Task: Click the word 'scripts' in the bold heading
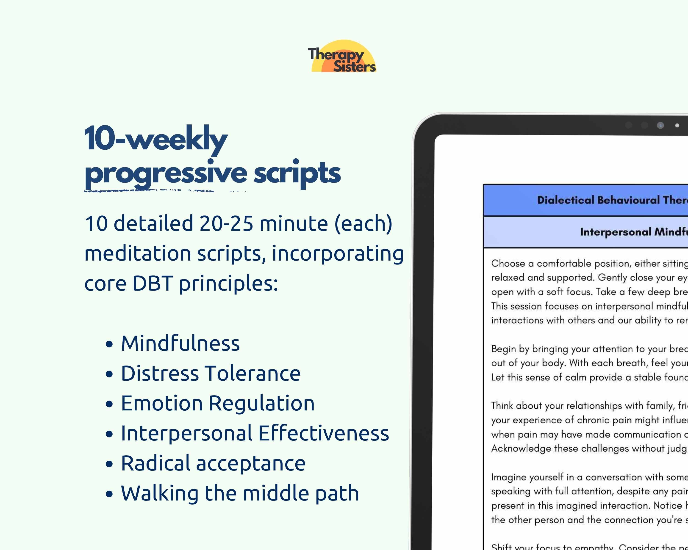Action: click(297, 173)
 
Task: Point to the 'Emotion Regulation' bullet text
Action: click(218, 403)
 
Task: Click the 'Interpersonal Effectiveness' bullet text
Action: click(255, 433)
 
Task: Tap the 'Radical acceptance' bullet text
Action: click(213, 463)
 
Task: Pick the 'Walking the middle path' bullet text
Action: click(240, 493)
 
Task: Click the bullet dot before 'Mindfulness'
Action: click(109, 344)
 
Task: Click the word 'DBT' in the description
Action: click(153, 283)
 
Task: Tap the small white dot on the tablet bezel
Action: click(677, 126)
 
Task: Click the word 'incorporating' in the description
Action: click(338, 253)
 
